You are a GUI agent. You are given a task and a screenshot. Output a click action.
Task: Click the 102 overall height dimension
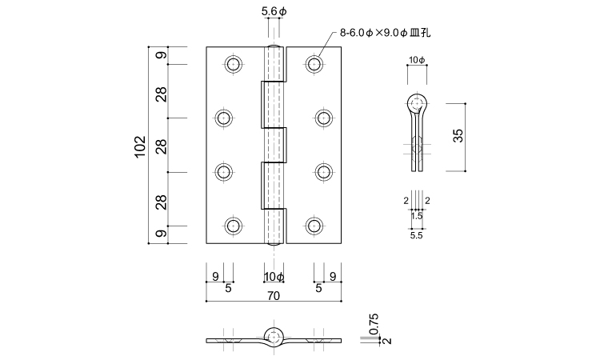click(x=139, y=146)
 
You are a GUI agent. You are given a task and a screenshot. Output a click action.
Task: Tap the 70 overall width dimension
click(x=274, y=295)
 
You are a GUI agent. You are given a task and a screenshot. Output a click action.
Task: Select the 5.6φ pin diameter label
click(x=273, y=12)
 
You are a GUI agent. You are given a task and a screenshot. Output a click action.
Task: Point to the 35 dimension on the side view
click(x=458, y=136)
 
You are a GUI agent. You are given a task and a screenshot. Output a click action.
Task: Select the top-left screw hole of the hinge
click(x=234, y=64)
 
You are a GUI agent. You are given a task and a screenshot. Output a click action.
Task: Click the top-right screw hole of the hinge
click(x=314, y=64)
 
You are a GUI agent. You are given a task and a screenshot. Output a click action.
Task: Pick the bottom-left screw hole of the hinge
click(x=234, y=226)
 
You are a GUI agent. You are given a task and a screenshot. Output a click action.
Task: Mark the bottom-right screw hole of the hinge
click(x=314, y=226)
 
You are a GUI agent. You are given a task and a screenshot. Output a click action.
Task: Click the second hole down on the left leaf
click(x=224, y=118)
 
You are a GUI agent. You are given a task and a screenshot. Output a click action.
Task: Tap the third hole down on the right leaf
click(x=323, y=172)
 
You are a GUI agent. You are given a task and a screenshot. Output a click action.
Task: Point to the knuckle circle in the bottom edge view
click(x=274, y=335)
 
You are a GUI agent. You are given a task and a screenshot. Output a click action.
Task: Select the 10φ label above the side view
click(x=417, y=61)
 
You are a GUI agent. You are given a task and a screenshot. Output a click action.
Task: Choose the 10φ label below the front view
click(x=274, y=277)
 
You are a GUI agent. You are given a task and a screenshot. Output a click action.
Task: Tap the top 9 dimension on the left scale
click(x=161, y=56)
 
